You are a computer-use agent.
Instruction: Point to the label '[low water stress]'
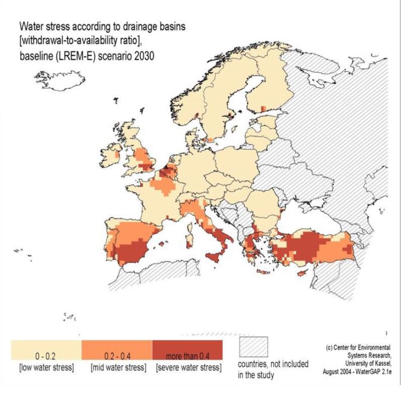click(x=46, y=367)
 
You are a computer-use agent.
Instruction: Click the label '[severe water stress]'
click(x=188, y=367)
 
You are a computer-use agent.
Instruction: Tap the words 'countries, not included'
click(x=273, y=365)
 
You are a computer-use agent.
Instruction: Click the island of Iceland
click(x=60, y=80)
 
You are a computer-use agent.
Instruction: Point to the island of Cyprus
click(x=303, y=274)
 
